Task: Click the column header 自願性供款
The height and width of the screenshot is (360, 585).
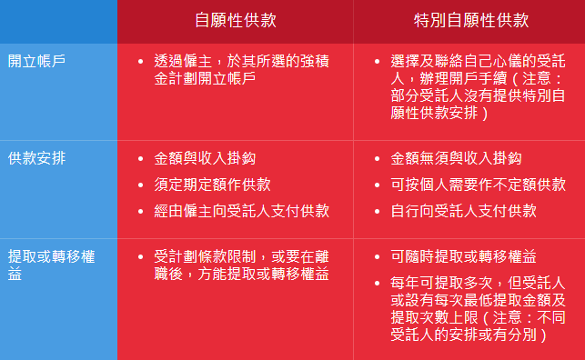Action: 235,21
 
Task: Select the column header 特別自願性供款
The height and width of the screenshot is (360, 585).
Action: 469,21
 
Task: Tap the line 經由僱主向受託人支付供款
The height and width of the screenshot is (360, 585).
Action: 242,211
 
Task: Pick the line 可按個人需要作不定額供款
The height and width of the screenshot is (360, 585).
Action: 478,185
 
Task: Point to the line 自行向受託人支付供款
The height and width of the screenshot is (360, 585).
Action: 463,211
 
